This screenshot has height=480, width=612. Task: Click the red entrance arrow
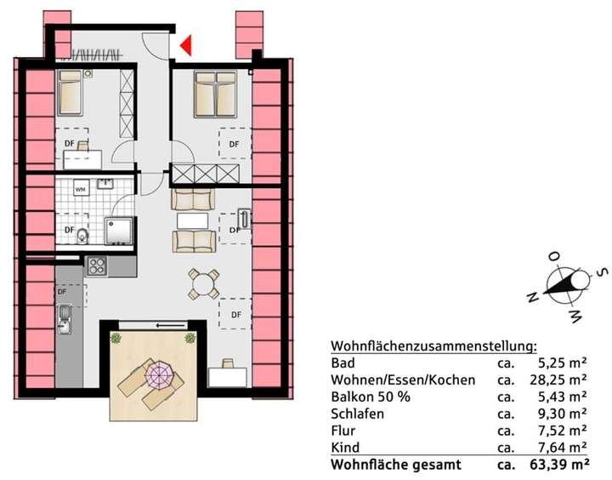click(185, 45)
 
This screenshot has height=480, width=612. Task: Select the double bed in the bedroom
click(214, 94)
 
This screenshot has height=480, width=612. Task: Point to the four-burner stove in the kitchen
click(97, 266)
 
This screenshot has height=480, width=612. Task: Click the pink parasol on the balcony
click(159, 374)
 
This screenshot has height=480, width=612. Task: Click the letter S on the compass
click(600, 274)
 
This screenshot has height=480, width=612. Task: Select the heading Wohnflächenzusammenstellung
click(433, 346)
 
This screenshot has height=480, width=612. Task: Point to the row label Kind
click(344, 448)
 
